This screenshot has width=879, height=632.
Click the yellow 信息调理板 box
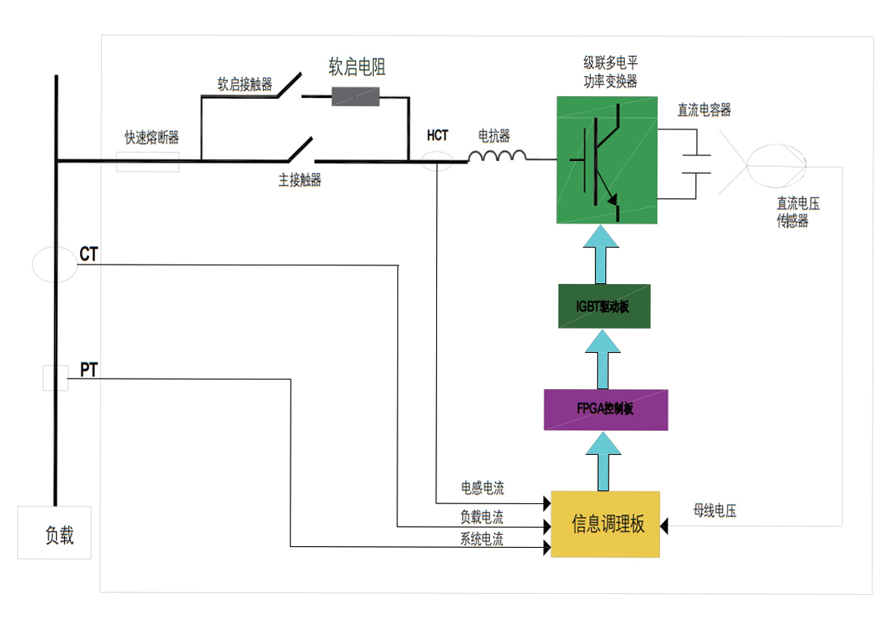(605, 524)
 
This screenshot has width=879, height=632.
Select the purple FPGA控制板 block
(605, 409)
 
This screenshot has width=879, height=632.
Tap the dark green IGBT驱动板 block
(605, 306)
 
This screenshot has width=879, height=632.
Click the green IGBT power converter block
(606, 159)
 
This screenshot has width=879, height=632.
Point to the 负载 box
(54, 532)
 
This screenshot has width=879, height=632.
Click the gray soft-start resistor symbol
(355, 96)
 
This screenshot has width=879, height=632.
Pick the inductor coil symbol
(497, 155)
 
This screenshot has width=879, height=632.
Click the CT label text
(88, 254)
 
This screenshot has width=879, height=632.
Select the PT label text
(88, 370)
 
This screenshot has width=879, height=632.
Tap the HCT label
(437, 136)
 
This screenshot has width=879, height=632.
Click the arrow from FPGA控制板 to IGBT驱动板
(603, 358)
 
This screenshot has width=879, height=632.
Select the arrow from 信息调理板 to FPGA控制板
(603, 461)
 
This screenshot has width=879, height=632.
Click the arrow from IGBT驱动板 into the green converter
(601, 254)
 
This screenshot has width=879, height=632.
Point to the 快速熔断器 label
(152, 138)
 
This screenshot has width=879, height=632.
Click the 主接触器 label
(300, 180)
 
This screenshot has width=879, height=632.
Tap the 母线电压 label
(715, 511)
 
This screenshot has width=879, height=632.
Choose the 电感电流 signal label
(482, 488)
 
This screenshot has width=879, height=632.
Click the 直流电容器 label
(704, 110)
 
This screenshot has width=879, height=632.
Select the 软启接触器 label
(245, 84)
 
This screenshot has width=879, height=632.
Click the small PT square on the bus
(56, 378)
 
